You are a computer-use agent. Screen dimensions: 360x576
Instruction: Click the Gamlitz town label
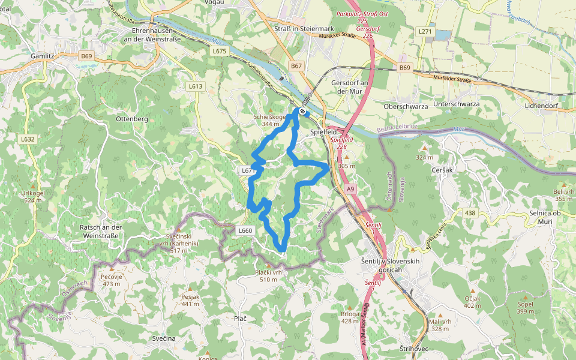tap(43, 56)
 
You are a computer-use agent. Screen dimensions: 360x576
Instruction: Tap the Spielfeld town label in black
tap(323, 131)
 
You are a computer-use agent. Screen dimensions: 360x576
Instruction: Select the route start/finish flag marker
tap(302, 110)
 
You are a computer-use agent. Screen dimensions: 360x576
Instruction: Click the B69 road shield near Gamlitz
tap(86, 56)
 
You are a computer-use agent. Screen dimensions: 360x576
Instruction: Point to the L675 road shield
tap(220, 52)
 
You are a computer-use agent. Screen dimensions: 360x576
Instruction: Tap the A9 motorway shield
tap(351, 189)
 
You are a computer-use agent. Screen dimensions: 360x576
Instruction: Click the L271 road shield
tap(425, 31)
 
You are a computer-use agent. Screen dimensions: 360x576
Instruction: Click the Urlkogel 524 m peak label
tap(33, 196)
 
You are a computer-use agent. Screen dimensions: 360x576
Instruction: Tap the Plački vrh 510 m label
tap(268, 276)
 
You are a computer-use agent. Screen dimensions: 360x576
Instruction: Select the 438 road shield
tap(469, 212)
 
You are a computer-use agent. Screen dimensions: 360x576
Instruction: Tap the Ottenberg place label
tap(132, 119)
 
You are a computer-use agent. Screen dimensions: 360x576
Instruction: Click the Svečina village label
tap(163, 338)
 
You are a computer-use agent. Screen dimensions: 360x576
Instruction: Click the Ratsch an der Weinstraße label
tap(101, 231)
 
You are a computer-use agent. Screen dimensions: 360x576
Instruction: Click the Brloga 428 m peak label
tap(350, 317)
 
